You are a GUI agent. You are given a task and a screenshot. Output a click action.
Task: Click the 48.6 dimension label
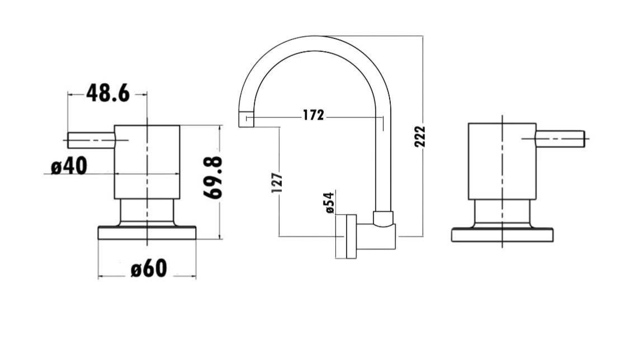(108, 94)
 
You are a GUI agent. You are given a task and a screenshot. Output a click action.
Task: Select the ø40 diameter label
(69, 167)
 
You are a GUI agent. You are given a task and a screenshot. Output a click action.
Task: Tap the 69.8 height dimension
(213, 178)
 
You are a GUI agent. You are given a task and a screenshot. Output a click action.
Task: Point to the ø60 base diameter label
(149, 269)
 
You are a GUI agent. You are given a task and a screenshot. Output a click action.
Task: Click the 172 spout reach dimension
(313, 115)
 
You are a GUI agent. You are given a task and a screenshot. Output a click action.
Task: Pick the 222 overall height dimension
(420, 136)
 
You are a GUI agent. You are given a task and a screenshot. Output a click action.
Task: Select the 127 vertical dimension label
(277, 183)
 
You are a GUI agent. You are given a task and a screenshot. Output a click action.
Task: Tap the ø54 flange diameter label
(329, 202)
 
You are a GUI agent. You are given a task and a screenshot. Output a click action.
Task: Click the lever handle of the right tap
(560, 139)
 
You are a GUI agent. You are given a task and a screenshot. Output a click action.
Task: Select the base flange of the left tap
(147, 233)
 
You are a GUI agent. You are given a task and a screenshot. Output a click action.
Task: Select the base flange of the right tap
(502, 235)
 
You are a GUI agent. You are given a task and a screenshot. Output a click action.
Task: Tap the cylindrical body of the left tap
(147, 162)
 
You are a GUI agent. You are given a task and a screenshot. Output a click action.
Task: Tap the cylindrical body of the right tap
(502, 161)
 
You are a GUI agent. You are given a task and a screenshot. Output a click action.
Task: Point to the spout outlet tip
(246, 119)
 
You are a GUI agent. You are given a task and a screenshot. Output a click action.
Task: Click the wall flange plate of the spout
(351, 236)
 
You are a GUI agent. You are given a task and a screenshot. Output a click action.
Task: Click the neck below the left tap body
(147, 211)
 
